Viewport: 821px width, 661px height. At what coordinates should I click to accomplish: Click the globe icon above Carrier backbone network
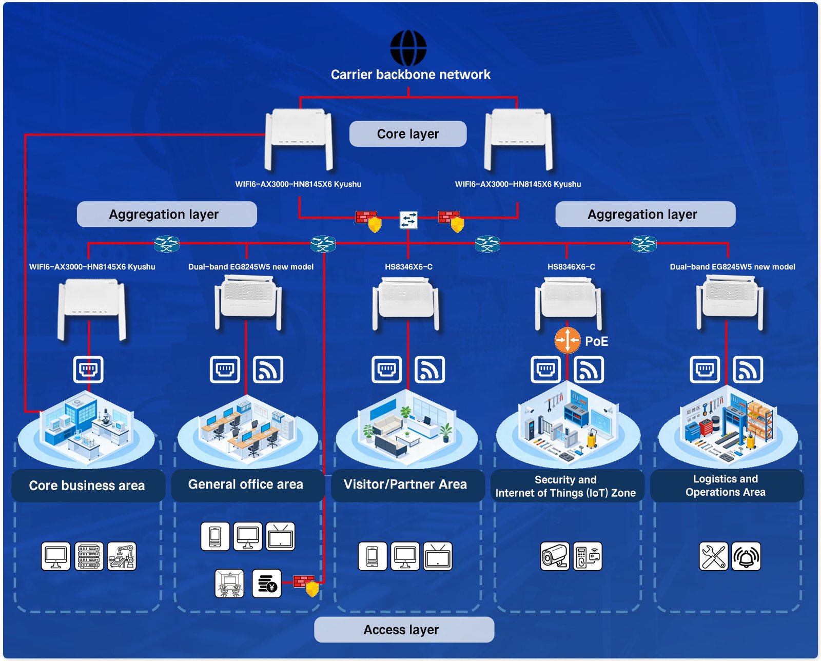[x=408, y=48]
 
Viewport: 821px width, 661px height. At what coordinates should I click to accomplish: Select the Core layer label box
[x=408, y=134]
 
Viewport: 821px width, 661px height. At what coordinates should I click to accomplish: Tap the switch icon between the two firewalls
[x=408, y=220]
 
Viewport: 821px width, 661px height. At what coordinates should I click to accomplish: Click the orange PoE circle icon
[x=567, y=340]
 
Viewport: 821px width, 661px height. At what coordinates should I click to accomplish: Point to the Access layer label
[x=404, y=630]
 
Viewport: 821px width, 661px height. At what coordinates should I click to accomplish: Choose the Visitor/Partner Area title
[x=405, y=484]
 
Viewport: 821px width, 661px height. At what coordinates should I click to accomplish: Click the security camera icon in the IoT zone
[x=555, y=556]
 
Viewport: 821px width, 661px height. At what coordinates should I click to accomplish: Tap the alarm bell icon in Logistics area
[x=746, y=556]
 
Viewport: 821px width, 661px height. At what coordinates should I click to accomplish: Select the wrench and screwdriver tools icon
[x=713, y=556]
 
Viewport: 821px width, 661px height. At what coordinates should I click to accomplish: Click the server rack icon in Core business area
[x=89, y=556]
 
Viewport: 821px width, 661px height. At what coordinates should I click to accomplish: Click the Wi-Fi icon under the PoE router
[x=589, y=370]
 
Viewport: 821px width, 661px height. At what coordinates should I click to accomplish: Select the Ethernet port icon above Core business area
[x=88, y=370]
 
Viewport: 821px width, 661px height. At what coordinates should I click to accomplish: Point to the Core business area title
[x=87, y=485]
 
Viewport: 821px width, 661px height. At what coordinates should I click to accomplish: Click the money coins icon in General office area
[x=267, y=584]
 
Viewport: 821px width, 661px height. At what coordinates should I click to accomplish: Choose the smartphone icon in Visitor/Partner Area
[x=373, y=556]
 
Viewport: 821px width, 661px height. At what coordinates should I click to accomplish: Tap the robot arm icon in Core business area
[x=122, y=556]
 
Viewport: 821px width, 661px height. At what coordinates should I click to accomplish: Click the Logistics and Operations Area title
[x=726, y=485]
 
